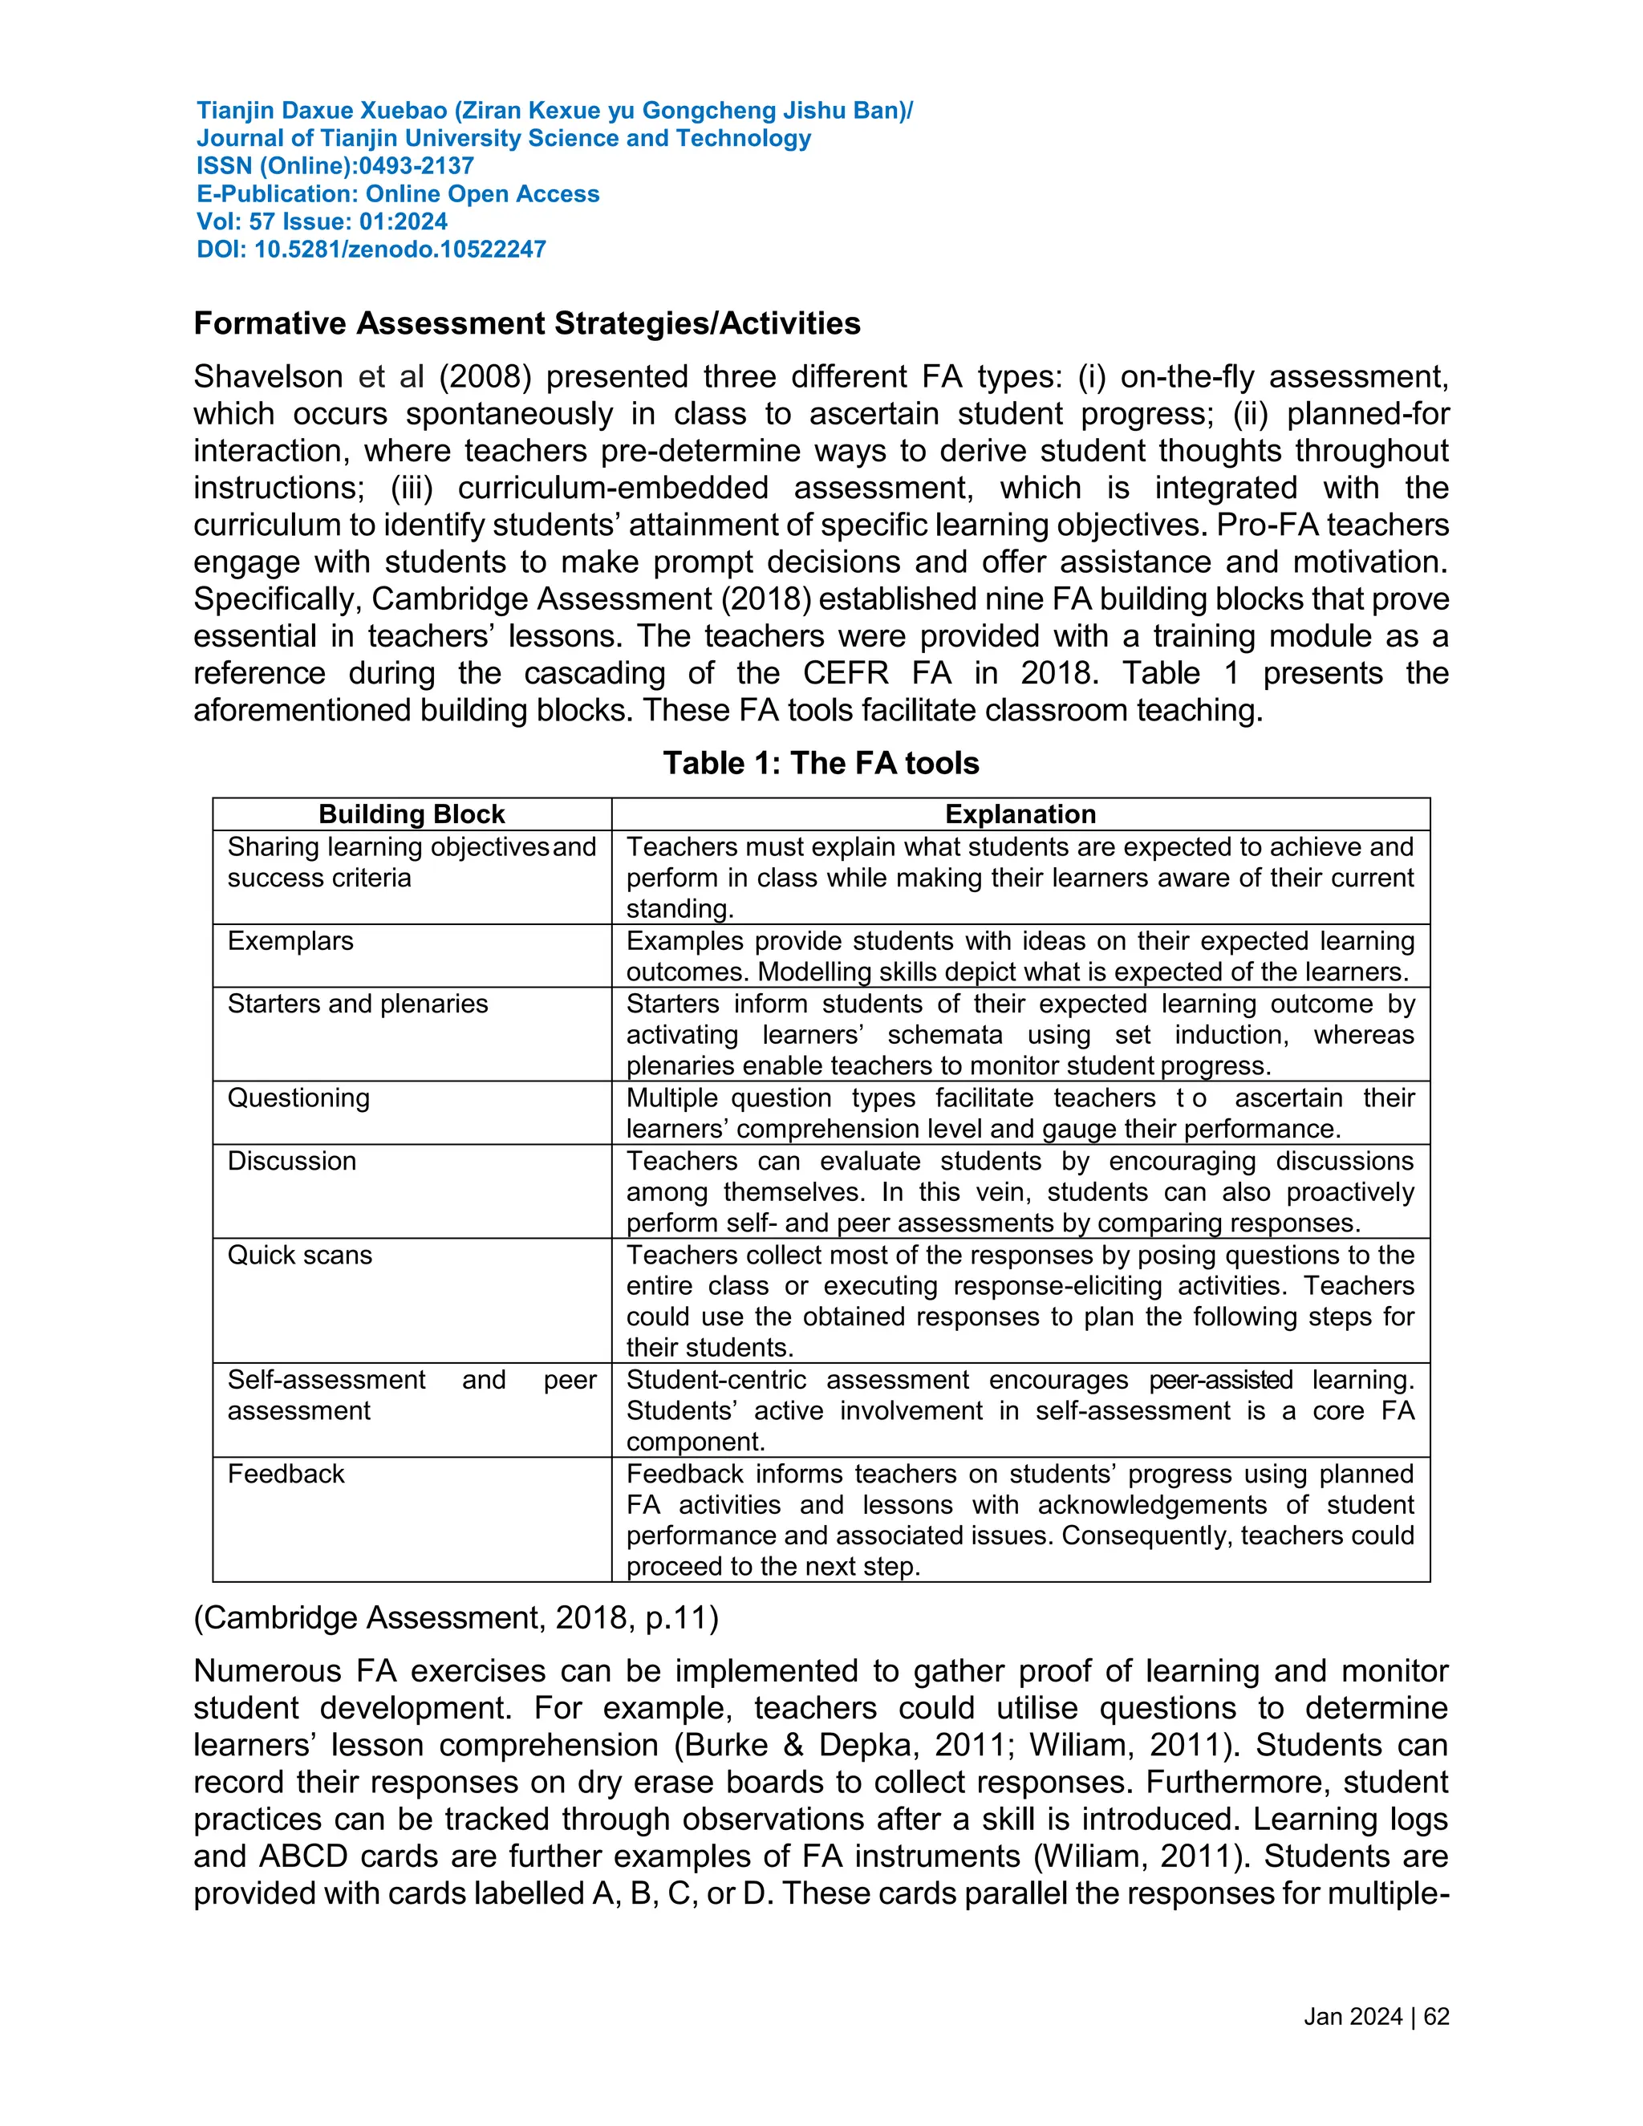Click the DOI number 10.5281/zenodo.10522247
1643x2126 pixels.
coord(399,250)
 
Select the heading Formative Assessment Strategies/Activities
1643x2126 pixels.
coord(526,323)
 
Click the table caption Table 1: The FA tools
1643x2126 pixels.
coord(821,763)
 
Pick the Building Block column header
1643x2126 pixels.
coord(412,813)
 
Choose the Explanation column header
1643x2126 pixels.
coord(1020,813)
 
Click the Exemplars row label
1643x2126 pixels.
coord(290,941)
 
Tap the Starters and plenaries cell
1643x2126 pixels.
coord(357,1004)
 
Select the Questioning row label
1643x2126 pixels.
coord(298,1098)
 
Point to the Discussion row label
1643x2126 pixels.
coord(291,1162)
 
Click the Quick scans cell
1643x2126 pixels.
coord(300,1255)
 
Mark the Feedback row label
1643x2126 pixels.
coord(285,1474)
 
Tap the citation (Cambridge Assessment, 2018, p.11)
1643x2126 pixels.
coord(456,1618)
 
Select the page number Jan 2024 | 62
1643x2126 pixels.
coord(1375,2017)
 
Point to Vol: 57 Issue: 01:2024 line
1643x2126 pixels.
coord(321,222)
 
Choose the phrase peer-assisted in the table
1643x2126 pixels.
coord(1220,1381)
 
